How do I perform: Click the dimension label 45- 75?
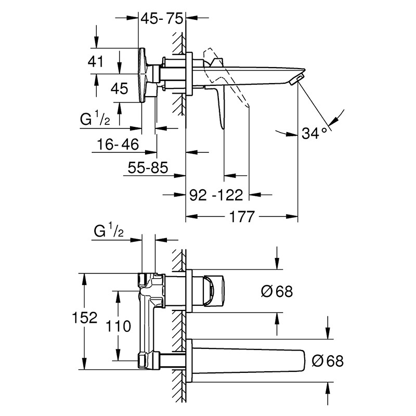pyautogui.click(x=162, y=19)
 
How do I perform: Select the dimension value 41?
pyautogui.click(x=96, y=61)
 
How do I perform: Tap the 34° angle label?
pyautogui.click(x=315, y=133)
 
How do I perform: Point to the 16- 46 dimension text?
pyautogui.click(x=118, y=145)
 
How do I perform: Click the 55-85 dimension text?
pyautogui.click(x=148, y=167)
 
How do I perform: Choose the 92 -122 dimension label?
pyautogui.click(x=216, y=195)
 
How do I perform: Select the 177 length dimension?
pyautogui.click(x=242, y=216)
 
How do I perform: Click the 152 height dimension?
pyautogui.click(x=85, y=317)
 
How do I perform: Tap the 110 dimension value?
pyautogui.click(x=119, y=326)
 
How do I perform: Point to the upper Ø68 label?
pyautogui.click(x=277, y=291)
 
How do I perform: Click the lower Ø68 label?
pyautogui.click(x=328, y=361)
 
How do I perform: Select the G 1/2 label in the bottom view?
pyautogui.click(x=109, y=231)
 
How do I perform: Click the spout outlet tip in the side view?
pyautogui.click(x=296, y=80)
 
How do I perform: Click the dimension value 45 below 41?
pyautogui.click(x=120, y=88)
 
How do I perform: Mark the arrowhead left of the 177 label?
pyautogui.click(x=191, y=216)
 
